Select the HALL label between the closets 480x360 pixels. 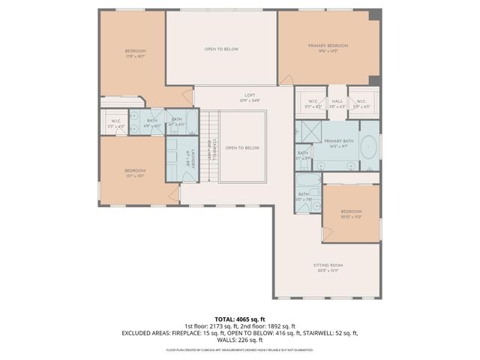tap(337, 102)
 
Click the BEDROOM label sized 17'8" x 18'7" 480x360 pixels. tap(135, 53)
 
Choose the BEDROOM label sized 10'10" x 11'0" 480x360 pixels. tap(350, 213)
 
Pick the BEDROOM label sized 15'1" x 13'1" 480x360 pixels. tap(135, 173)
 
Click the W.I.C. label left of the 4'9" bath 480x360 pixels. tap(115, 123)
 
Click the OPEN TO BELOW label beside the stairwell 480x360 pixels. tap(243, 148)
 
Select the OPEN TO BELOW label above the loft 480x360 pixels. tap(221, 49)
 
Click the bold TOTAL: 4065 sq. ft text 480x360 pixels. tap(240, 318)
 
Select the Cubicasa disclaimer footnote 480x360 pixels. tap(240, 349)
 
